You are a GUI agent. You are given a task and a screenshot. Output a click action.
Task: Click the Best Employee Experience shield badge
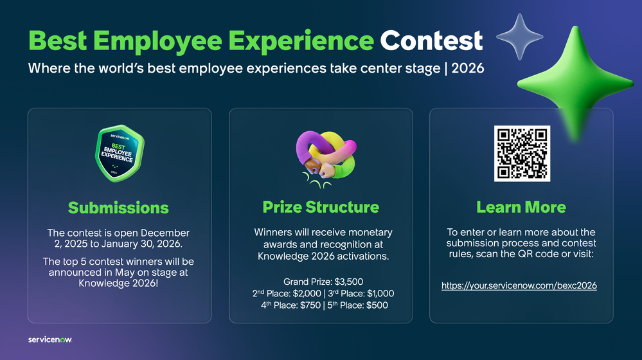[118, 152]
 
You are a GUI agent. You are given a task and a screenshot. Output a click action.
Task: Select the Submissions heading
[118, 207]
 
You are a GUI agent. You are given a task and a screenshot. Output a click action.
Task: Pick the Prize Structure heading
[321, 207]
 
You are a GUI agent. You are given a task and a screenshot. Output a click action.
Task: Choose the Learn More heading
[521, 207]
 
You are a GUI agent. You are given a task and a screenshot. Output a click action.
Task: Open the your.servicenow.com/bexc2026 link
[519, 285]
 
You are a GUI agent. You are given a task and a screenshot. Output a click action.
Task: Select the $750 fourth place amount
[314, 305]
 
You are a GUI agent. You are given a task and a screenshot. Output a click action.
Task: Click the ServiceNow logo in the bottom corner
[50, 339]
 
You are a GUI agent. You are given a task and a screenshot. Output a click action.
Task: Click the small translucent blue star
[519, 36]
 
